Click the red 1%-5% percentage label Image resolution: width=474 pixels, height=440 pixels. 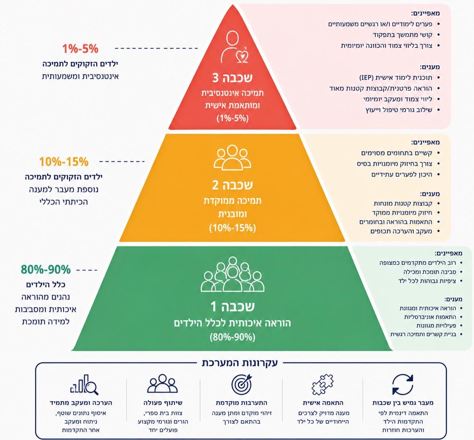click(80, 49)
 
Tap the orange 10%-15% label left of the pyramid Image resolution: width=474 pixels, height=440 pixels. click(64, 162)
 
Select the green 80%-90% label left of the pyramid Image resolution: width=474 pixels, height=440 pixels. click(46, 269)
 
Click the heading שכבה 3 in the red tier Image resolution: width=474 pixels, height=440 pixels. click(232, 78)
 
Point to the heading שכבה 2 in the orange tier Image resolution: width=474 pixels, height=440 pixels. click(232, 185)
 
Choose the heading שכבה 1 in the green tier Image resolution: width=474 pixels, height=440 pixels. click(233, 306)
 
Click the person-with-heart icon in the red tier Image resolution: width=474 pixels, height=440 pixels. click(234, 47)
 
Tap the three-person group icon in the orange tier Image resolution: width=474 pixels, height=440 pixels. click(232, 157)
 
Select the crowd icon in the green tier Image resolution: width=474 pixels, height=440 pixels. click(233, 274)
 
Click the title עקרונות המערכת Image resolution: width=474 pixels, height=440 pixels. click(239, 363)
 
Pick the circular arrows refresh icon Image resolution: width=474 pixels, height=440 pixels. click(403, 385)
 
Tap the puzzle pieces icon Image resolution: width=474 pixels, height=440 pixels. click(323, 384)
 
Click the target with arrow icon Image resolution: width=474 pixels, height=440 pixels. click(241, 384)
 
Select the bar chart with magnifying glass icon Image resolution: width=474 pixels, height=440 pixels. click(84, 385)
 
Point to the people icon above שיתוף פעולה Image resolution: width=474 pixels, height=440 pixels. click(162, 383)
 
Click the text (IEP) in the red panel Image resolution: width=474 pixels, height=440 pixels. click(366, 77)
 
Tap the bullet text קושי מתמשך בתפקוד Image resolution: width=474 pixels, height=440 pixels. click(402, 35)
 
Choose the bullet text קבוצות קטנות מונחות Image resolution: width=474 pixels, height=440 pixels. click(403, 203)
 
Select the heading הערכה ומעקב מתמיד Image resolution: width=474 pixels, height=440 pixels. click(81, 403)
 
